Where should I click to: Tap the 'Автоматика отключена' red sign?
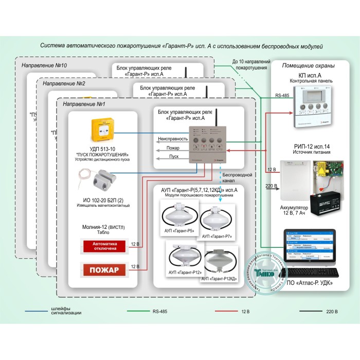pos(105,246)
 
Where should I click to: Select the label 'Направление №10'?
pos(44,65)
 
